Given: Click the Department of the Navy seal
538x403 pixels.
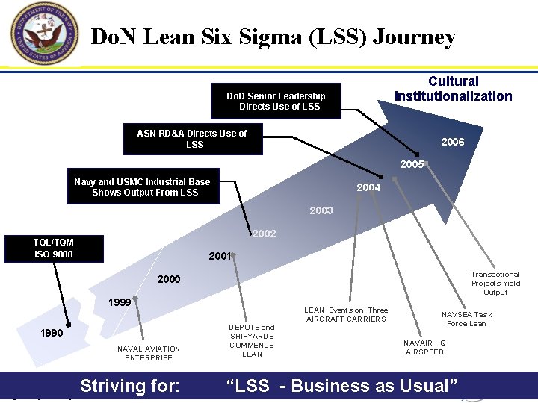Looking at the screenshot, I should coord(44,34).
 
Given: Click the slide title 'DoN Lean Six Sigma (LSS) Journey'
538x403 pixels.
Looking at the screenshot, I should coord(273,37).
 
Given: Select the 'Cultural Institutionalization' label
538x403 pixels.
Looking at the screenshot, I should coord(454,89).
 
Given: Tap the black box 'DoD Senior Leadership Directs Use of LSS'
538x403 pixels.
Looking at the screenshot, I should coord(276,101).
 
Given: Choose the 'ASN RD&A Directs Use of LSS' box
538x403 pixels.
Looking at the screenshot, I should coord(192,139).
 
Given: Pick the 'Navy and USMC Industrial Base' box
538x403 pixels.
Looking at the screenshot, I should coord(143,187).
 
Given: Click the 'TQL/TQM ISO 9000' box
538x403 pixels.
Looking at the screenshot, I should coord(54,249).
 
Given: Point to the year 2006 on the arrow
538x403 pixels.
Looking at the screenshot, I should coord(452,142).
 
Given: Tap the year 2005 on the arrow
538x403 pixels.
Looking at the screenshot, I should coord(412,164).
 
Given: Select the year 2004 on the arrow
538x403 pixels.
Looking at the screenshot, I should coord(368,187).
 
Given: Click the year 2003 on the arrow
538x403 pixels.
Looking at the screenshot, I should coord(321,210).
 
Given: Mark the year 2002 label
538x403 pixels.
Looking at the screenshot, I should coord(264,234).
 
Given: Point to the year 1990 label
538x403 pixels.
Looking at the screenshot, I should coord(52,333).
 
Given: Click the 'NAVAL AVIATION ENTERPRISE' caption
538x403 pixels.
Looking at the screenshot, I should coord(149,353).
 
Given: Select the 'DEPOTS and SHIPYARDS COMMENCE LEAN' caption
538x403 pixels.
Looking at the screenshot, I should coord(252,340).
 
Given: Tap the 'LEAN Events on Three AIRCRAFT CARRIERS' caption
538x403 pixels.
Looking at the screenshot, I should coord(346,314).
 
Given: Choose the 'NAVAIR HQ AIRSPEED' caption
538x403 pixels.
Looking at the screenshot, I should coord(424,347).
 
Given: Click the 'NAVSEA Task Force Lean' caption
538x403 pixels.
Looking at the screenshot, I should coord(466,319).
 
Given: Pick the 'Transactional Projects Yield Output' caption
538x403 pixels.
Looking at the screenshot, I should coord(495,283).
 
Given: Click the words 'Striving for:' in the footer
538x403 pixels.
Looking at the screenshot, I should coord(130,386).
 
